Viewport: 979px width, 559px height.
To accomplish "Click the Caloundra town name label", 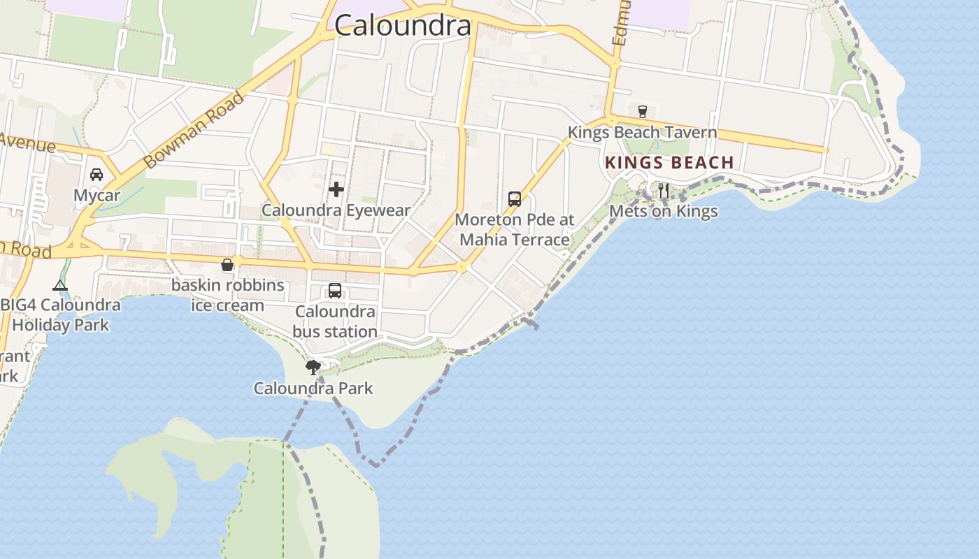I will [x=403, y=26].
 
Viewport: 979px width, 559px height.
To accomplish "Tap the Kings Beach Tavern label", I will [x=642, y=132].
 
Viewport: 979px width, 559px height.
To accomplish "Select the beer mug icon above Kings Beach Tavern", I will [x=642, y=111].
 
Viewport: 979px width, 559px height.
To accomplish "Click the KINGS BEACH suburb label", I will [x=669, y=163].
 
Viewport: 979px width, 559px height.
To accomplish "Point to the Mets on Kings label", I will [x=663, y=211].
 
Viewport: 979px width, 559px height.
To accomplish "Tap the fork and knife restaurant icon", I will [x=663, y=190].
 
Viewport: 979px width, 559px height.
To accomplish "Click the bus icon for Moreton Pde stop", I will [x=515, y=199].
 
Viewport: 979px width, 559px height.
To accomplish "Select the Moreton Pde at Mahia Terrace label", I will [x=514, y=230].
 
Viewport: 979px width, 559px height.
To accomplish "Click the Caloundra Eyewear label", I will [x=336, y=210].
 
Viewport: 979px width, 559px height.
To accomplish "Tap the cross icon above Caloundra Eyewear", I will [x=336, y=189].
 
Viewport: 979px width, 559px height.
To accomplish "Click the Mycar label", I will [x=97, y=196].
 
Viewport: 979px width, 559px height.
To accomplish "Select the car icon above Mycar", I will [x=97, y=175].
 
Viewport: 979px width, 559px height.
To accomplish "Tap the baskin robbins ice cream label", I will [x=228, y=295].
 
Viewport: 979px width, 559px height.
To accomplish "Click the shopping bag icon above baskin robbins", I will [x=227, y=265].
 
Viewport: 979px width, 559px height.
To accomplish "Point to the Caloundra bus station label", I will [x=335, y=321].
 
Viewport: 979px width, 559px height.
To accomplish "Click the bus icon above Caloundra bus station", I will [x=335, y=291].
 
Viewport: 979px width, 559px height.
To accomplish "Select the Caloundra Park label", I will [x=313, y=389].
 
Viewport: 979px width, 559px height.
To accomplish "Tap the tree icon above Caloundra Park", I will [x=313, y=367].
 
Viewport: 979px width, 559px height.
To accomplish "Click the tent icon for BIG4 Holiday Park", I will [x=60, y=285].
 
